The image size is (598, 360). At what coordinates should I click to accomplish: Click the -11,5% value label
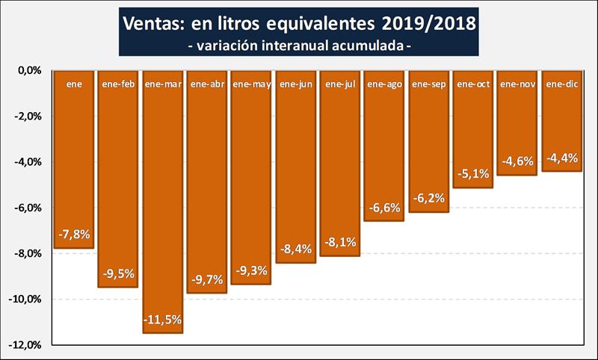(162, 319)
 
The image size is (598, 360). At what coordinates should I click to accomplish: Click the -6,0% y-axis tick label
(26, 208)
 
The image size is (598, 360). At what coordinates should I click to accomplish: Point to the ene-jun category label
(295, 84)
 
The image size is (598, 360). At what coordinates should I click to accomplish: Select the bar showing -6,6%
(384, 149)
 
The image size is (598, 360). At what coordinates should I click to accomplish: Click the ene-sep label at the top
(429, 84)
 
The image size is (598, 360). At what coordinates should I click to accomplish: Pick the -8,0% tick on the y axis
(26, 253)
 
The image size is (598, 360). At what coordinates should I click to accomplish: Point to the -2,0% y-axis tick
(26, 116)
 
